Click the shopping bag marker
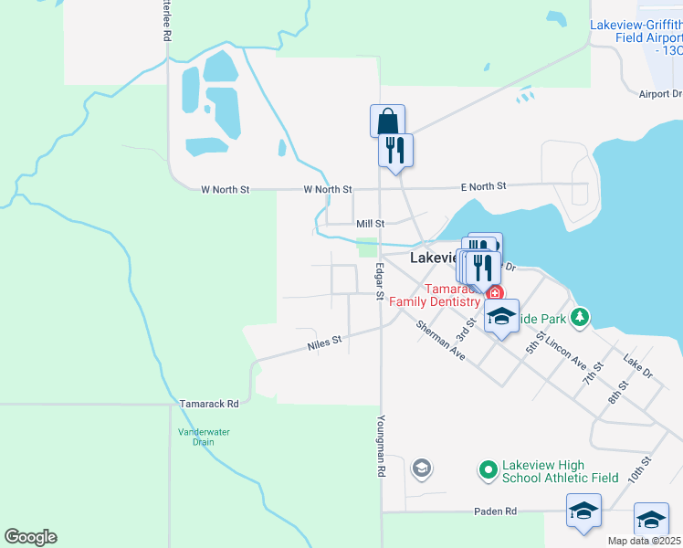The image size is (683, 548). click(x=387, y=121)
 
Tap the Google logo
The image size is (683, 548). click(x=30, y=537)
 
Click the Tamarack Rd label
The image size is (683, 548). click(x=209, y=403)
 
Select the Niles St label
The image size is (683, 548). click(x=324, y=342)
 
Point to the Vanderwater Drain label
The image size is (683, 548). click(x=196, y=437)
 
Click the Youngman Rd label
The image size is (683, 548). click(x=380, y=448)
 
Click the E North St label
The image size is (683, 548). click(x=483, y=186)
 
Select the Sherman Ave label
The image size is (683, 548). click(x=440, y=340)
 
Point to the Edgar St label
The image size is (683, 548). click(x=379, y=281)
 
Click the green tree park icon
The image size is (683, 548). click(x=578, y=317)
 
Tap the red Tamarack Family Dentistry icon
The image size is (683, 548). click(x=494, y=293)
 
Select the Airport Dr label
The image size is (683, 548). click(x=660, y=94)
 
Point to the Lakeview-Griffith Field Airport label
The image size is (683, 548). click(x=636, y=37)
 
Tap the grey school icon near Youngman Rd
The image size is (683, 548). click(x=421, y=469)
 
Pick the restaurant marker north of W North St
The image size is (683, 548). click(x=395, y=149)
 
